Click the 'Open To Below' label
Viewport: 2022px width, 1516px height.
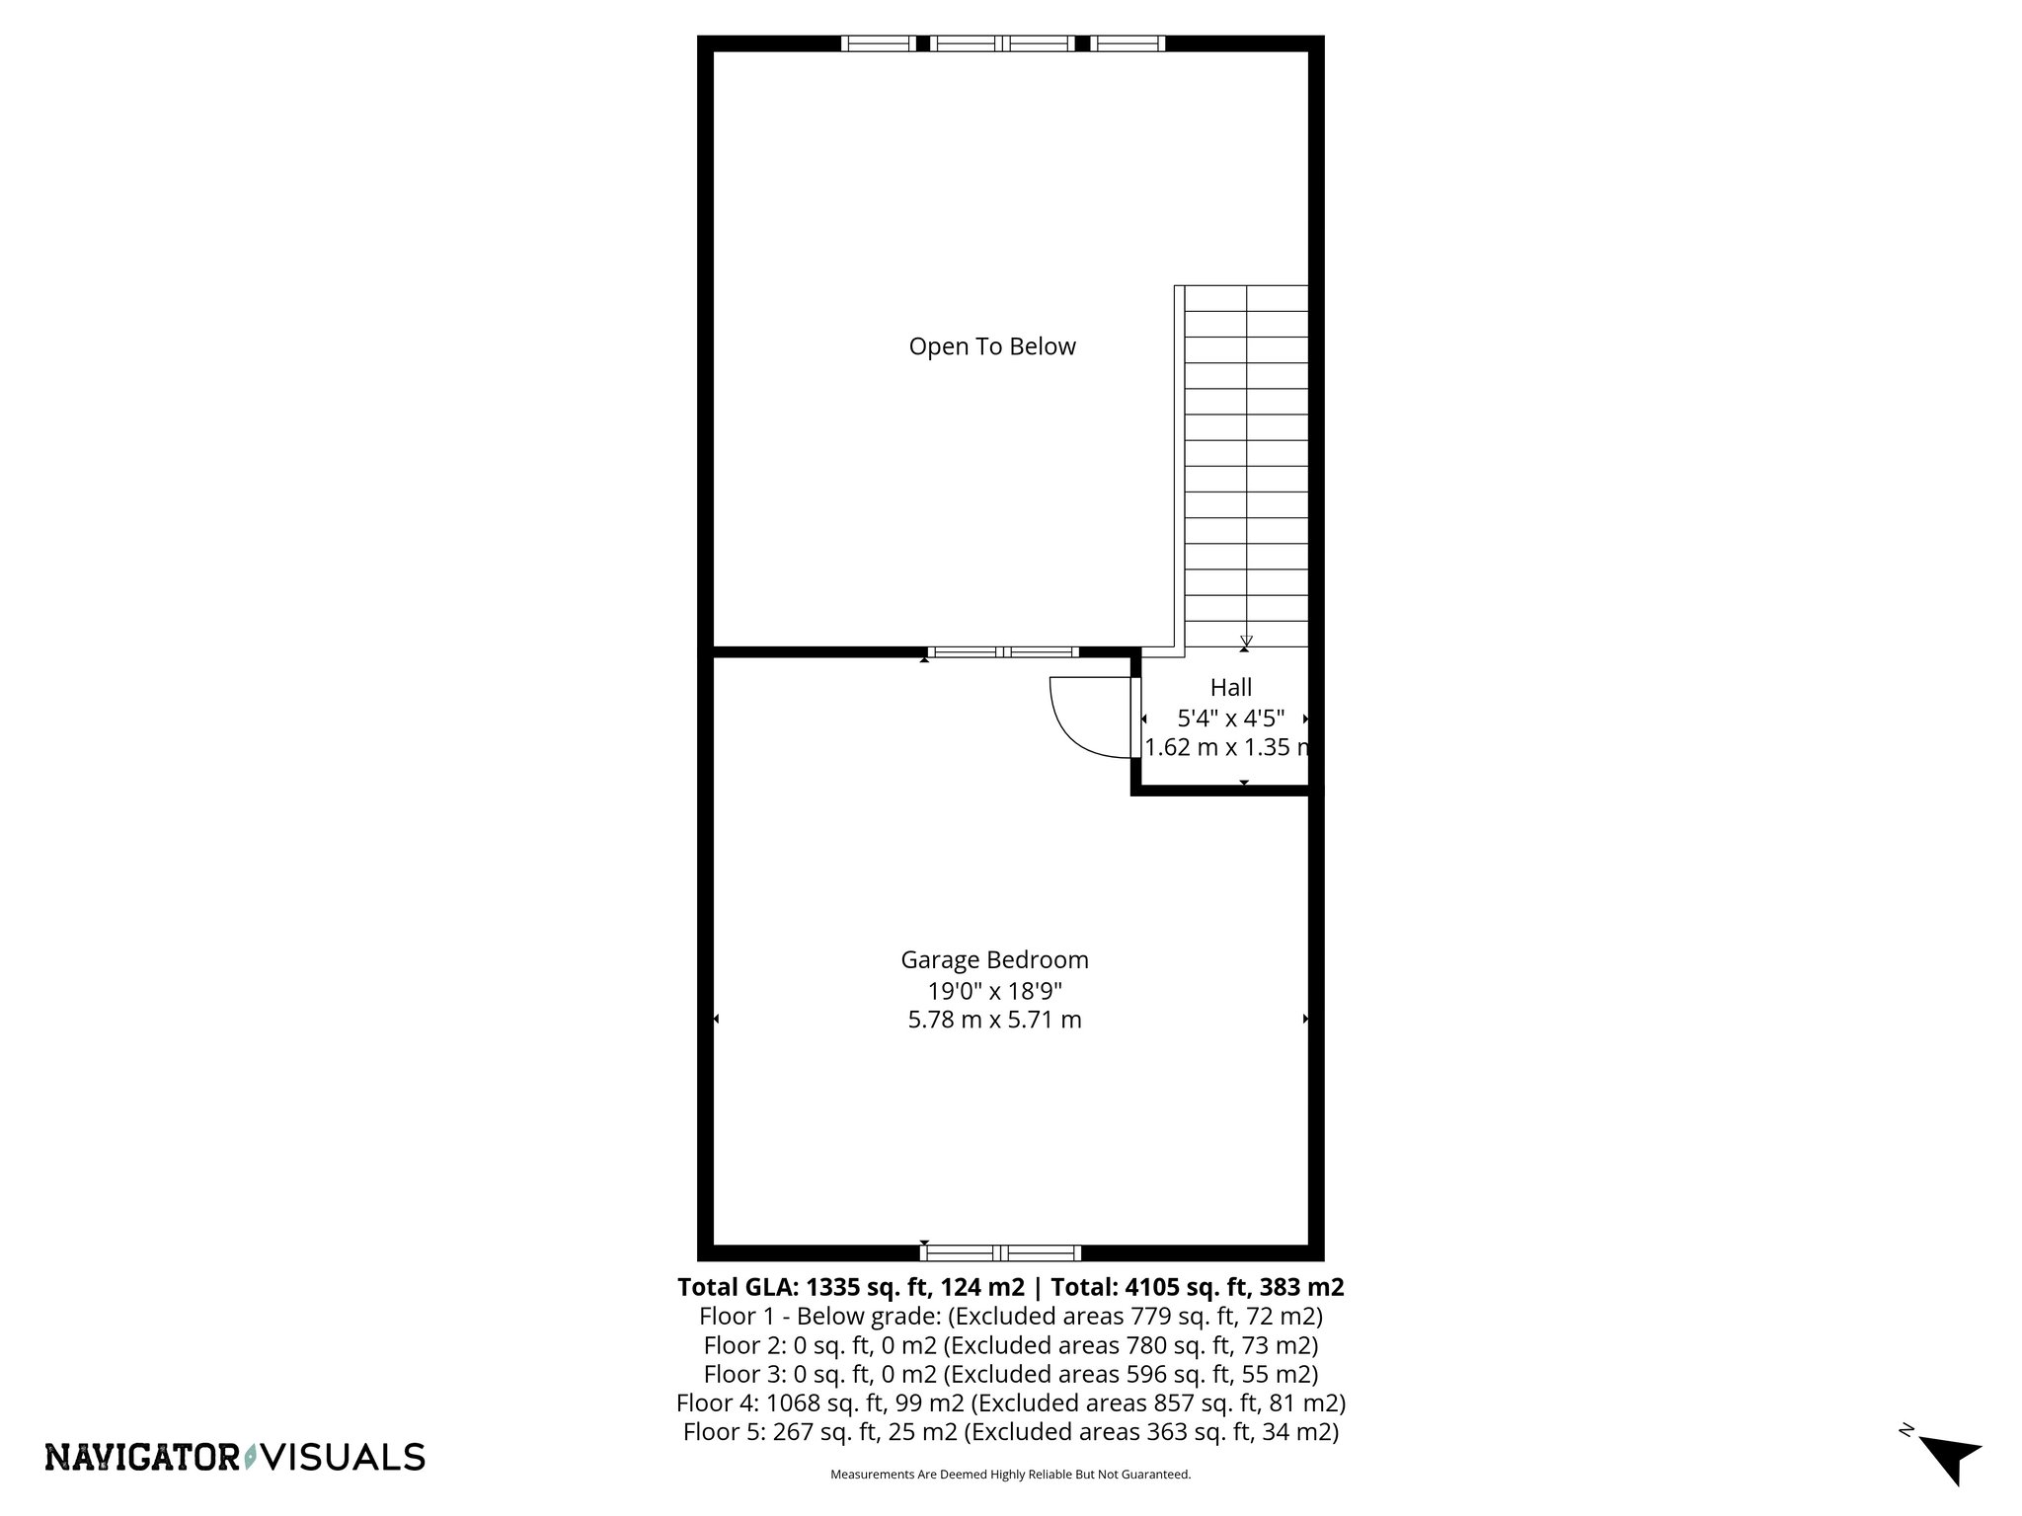(991, 346)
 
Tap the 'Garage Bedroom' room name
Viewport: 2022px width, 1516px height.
(994, 959)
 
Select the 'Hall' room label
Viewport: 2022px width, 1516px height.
(1230, 687)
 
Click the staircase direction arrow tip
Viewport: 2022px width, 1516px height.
(1246, 642)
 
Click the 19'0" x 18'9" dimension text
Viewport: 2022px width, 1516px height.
(994, 990)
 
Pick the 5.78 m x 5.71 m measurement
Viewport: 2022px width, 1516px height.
(994, 1020)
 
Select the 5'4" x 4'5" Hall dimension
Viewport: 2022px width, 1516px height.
(1230, 718)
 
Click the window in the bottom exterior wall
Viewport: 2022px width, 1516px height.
(1000, 1252)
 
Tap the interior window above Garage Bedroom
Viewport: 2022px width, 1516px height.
(1003, 651)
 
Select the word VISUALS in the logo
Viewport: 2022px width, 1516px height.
(347, 1457)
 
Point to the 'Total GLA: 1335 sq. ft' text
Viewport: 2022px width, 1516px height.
(849, 1287)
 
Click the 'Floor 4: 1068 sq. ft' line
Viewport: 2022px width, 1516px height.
(1010, 1402)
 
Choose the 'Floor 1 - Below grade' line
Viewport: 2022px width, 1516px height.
(1010, 1316)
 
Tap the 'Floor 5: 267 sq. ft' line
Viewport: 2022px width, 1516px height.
(1010, 1432)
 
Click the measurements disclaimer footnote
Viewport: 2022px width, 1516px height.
(1010, 1475)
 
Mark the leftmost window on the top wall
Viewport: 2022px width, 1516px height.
(878, 43)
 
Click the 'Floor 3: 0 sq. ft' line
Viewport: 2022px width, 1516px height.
(1010, 1374)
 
